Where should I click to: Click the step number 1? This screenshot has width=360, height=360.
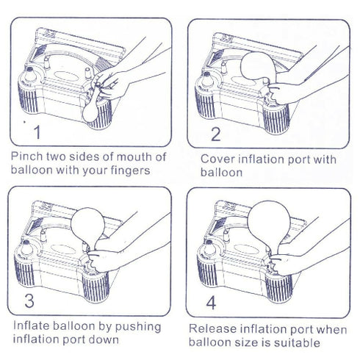(x=37, y=132)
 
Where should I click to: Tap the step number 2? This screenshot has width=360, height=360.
(x=215, y=134)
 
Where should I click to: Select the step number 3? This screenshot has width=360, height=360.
(x=29, y=300)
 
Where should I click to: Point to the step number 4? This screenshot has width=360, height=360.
(x=211, y=303)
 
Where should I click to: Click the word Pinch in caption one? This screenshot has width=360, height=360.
(x=27, y=156)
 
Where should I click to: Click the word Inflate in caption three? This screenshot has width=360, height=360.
(x=32, y=326)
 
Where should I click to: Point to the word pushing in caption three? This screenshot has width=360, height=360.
(x=138, y=327)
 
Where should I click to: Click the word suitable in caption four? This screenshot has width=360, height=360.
(x=297, y=342)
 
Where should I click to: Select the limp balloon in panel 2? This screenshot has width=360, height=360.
(x=259, y=67)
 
